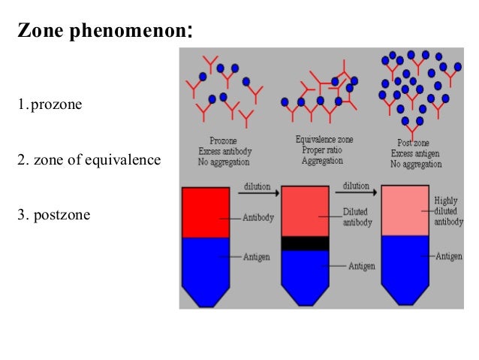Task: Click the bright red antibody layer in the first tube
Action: (205, 213)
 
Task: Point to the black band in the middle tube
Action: (304, 244)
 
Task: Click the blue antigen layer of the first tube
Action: (205, 263)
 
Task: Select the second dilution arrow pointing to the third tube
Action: (356, 192)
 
